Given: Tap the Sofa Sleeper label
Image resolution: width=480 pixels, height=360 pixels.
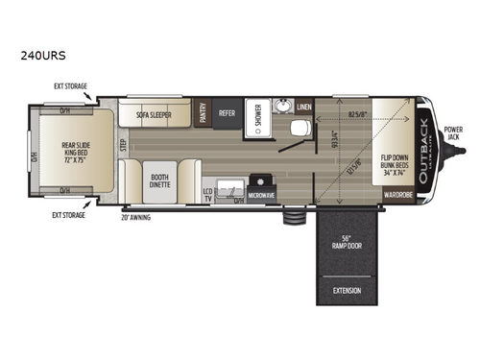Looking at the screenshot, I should pyautogui.click(x=154, y=113).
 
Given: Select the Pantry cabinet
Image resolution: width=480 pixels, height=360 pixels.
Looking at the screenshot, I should pyautogui.click(x=203, y=112).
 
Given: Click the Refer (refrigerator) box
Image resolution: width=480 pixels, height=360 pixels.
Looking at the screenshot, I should pyautogui.click(x=227, y=112).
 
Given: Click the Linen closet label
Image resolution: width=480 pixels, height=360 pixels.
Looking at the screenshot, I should pyautogui.click(x=304, y=106).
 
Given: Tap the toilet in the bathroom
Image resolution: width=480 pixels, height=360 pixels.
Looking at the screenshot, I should pyautogui.click(x=299, y=128).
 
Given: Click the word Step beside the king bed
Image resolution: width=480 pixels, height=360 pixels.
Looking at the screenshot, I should pyautogui.click(x=123, y=147).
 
